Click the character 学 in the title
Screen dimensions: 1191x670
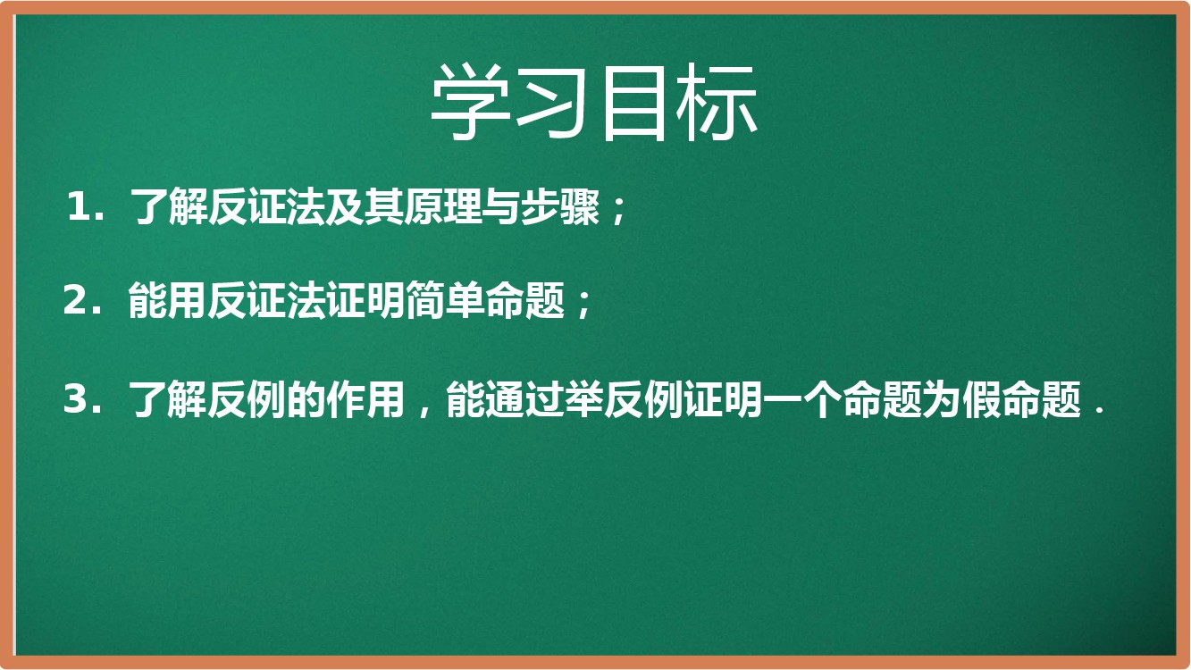tap(470, 102)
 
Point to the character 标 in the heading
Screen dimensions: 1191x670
tap(717, 102)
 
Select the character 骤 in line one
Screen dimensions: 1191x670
tap(580, 206)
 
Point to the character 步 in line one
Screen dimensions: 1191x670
tap(541, 206)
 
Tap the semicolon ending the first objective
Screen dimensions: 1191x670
tap(619, 211)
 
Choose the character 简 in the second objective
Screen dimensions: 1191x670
tap(425, 300)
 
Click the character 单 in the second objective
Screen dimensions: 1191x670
tap(465, 300)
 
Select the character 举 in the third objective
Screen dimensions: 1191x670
tap(584, 398)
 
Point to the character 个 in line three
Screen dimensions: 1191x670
tap(823, 398)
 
